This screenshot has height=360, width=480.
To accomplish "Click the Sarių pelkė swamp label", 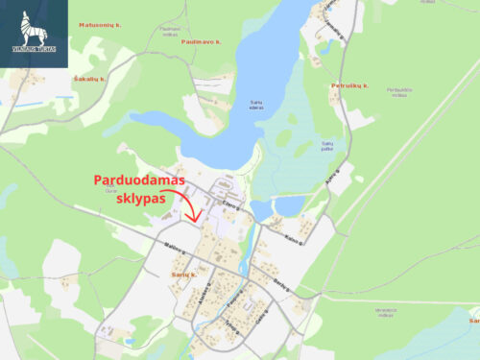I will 328,147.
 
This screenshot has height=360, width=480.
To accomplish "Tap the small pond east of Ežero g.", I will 287,206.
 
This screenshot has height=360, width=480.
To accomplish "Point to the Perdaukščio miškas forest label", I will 398,92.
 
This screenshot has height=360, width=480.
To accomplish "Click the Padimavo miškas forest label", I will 170,31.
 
